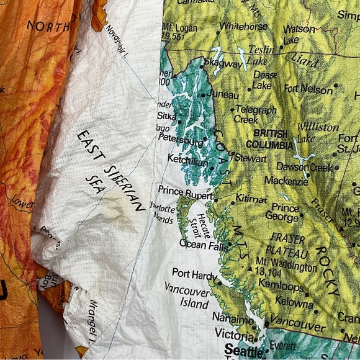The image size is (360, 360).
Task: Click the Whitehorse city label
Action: [243, 26]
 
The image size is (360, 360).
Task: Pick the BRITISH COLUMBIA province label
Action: [270, 140]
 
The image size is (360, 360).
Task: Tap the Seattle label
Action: [236, 349]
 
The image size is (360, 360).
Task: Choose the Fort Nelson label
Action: [308, 89]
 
